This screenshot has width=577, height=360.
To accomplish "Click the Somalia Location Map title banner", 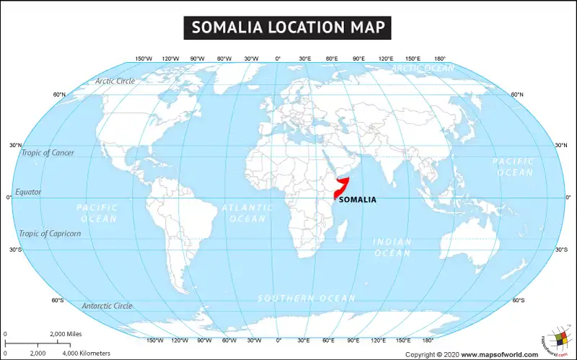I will click(288, 27).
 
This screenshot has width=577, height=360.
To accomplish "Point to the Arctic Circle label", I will click(115, 81).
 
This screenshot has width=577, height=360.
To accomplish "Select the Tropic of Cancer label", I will click(48, 153).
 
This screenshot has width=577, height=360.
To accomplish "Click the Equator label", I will click(29, 192).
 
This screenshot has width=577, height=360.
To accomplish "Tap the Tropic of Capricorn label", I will click(50, 233).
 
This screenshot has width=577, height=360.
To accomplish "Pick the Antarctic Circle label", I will click(107, 306).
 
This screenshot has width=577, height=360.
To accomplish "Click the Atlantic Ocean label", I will click(247, 213).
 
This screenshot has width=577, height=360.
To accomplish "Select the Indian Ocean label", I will click(392, 247).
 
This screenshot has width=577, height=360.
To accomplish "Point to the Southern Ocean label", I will click(307, 299).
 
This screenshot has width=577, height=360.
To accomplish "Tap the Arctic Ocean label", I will click(423, 69).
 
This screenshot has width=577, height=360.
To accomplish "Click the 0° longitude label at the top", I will click(278, 58).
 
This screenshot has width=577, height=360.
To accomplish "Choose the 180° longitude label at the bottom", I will click(428, 340).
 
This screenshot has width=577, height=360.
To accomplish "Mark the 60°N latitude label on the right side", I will click(517, 95).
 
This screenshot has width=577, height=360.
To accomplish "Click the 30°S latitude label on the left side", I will click(15, 250).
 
